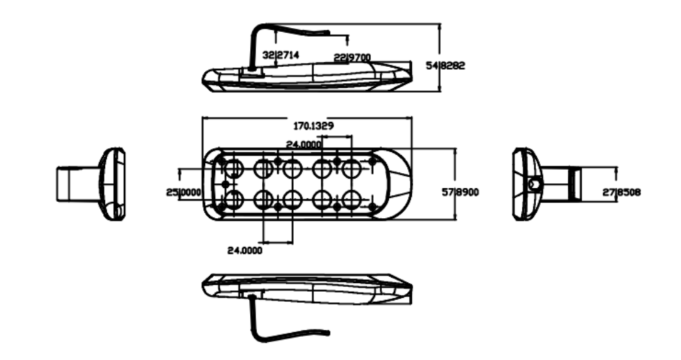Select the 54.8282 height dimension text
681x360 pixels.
coord(446,65)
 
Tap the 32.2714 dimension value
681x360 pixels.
coord(281,55)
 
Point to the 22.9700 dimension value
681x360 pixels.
coord(352,56)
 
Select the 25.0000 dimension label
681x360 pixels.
coord(183,192)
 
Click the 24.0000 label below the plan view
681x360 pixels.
coord(244,251)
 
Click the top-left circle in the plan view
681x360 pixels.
coord(233,169)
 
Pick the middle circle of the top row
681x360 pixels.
coord(291,169)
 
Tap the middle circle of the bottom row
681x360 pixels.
coord(291,199)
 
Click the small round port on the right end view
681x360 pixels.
coord(533,184)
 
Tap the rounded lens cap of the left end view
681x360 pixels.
coord(113,184)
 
